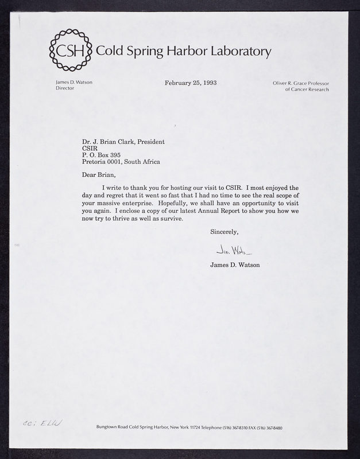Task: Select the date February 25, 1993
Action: [x=191, y=83]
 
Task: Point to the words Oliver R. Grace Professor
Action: [x=301, y=83]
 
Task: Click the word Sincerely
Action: [x=224, y=232]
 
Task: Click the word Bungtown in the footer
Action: [x=110, y=429]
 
